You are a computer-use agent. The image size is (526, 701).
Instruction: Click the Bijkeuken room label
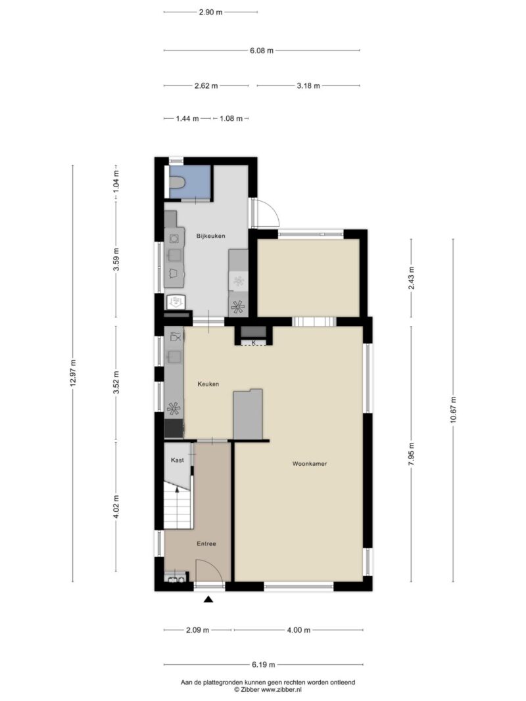coord(211,235)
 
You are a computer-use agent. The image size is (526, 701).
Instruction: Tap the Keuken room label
coord(208,384)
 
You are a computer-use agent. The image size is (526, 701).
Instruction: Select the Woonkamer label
coord(310,464)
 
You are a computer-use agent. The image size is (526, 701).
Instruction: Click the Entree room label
coord(206,544)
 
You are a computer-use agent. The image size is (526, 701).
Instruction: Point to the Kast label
coord(177,461)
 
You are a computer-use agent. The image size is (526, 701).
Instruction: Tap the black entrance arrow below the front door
coord(209,599)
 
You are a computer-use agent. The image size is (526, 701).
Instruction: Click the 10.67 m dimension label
coord(453,410)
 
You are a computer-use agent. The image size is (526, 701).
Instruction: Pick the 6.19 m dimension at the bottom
coord(262,664)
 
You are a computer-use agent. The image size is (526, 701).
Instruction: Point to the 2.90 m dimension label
coord(210,12)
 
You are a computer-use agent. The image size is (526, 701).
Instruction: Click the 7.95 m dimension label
coord(412,453)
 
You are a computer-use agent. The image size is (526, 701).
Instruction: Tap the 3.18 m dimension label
coord(308,85)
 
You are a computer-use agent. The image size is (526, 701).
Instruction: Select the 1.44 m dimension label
coord(187,119)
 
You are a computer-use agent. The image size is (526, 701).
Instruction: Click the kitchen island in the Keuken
coord(248,414)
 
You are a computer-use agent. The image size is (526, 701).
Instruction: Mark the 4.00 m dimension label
coord(298,630)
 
